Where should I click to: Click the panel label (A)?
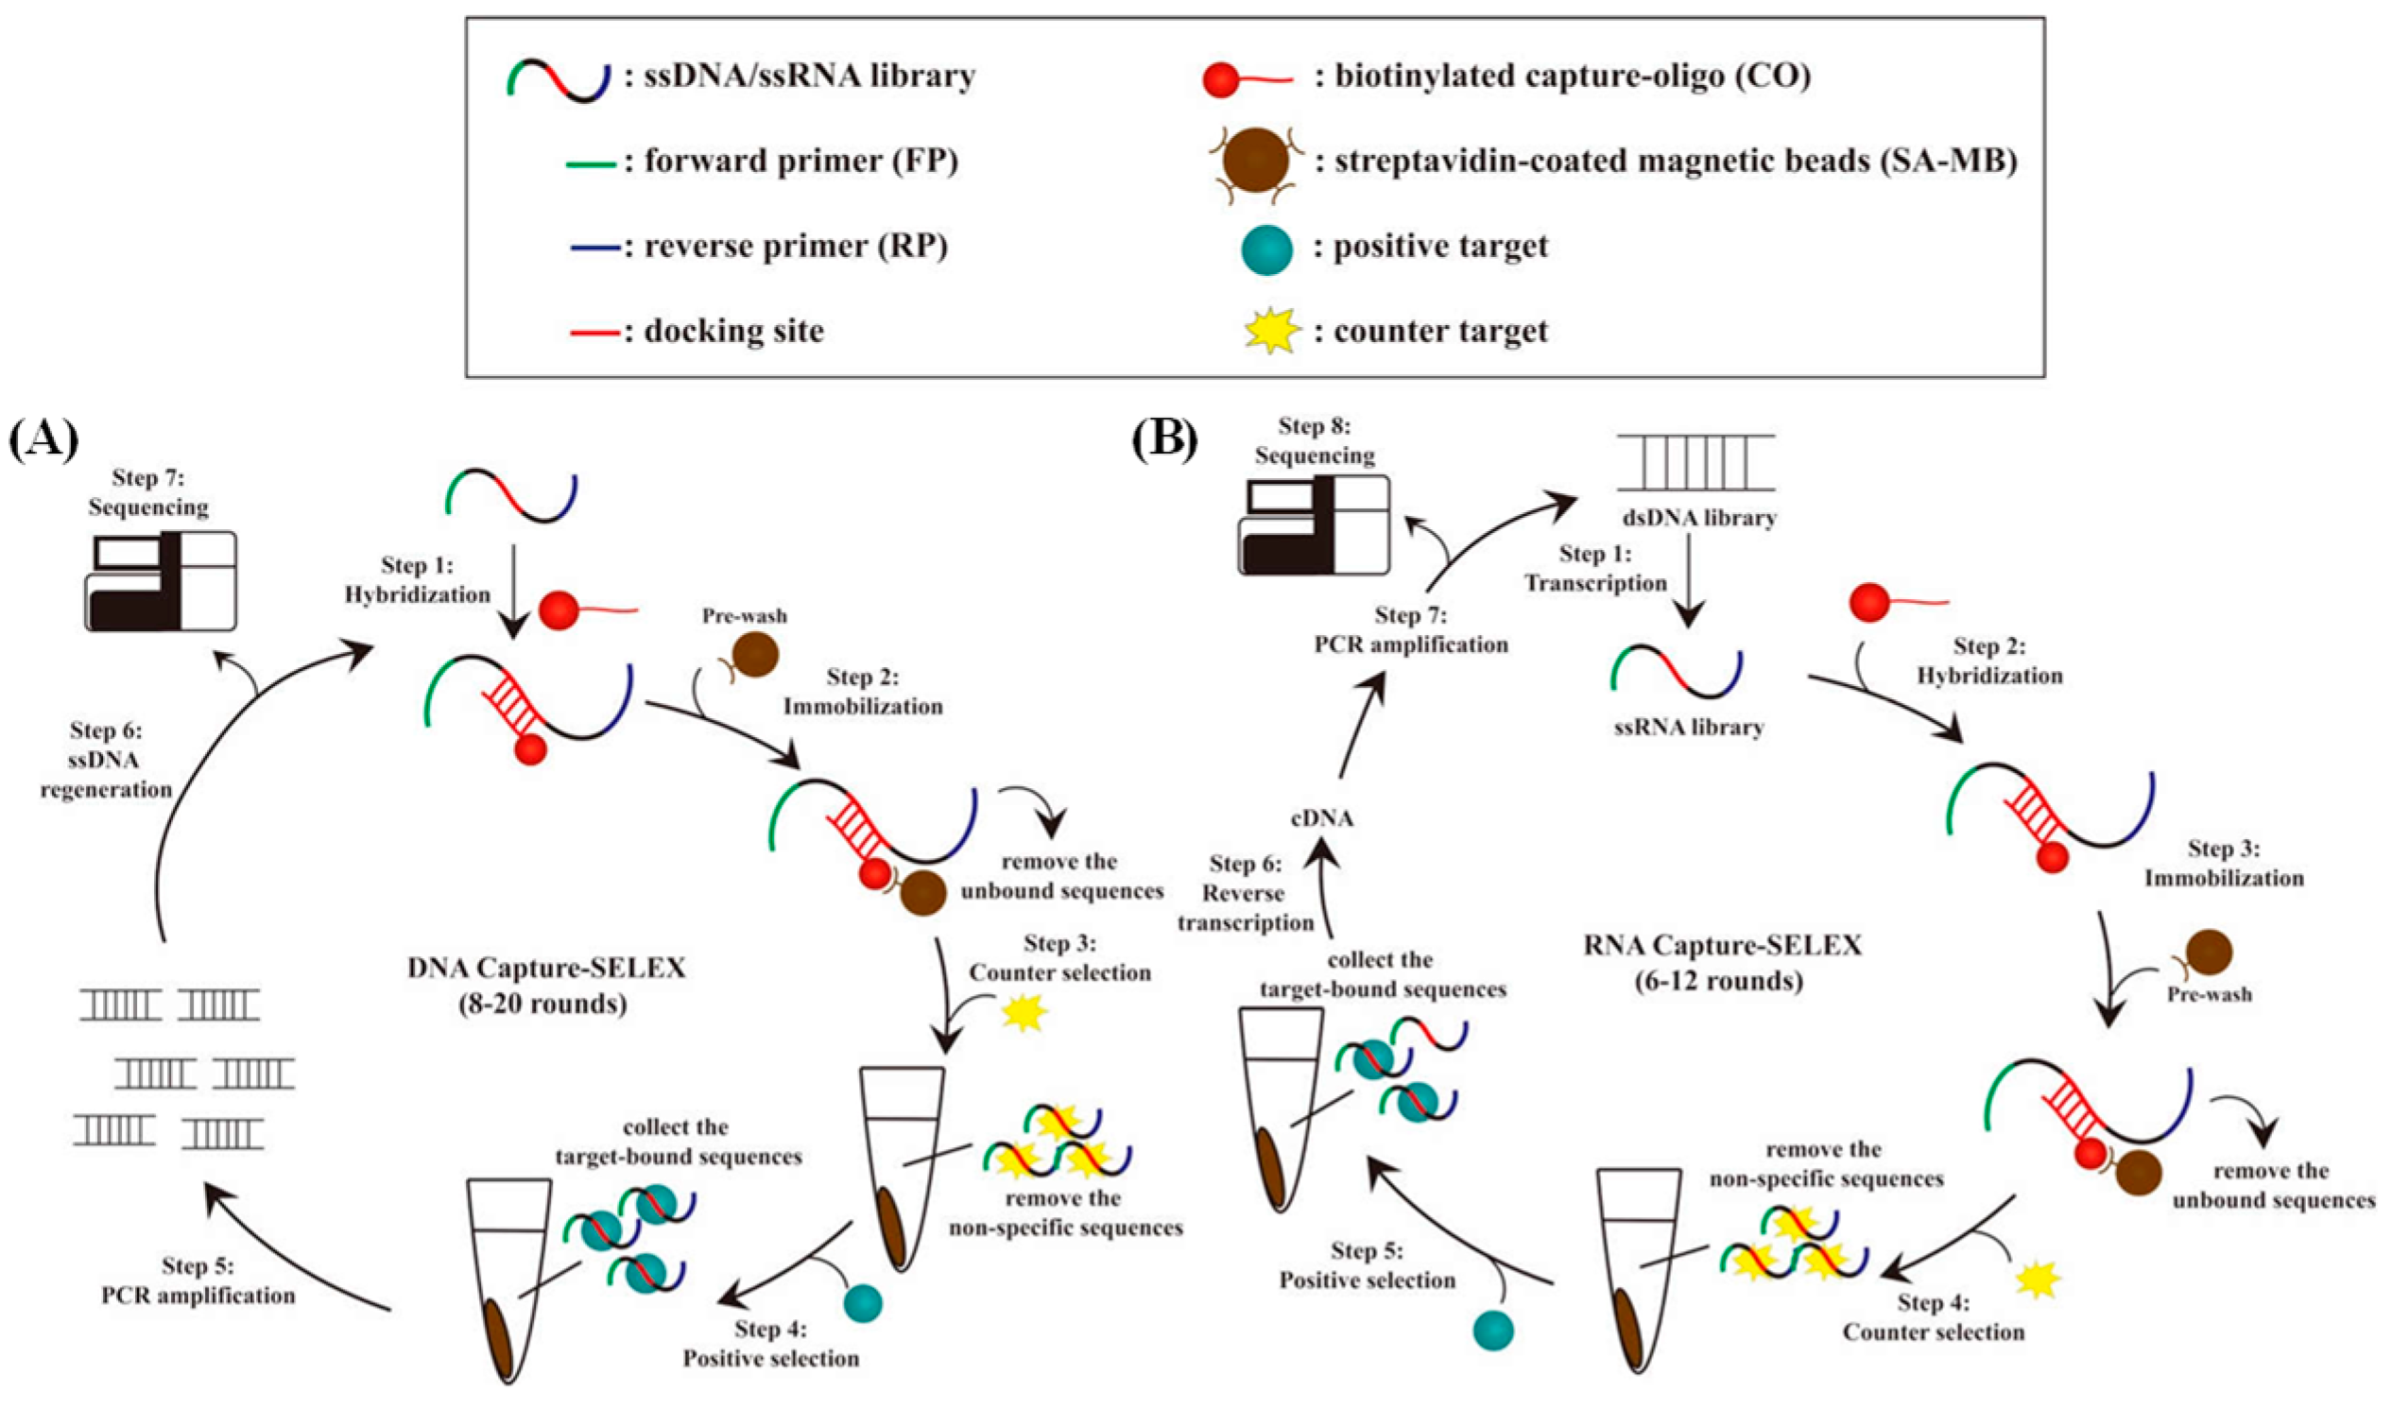[43, 441]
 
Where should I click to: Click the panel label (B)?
[1164, 439]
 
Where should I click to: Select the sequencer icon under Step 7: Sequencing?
[162, 580]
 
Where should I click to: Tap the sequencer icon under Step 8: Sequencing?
[1314, 524]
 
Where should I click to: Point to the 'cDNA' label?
[1321, 817]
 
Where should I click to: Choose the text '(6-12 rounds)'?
[1719, 980]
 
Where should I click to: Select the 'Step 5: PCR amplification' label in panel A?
[198, 1279]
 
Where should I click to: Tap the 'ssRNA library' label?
[1689, 728]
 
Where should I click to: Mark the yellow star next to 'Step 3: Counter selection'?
[1024, 1013]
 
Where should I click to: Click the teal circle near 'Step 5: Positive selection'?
[1494, 1331]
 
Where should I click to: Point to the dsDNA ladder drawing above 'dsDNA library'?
[1696, 462]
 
